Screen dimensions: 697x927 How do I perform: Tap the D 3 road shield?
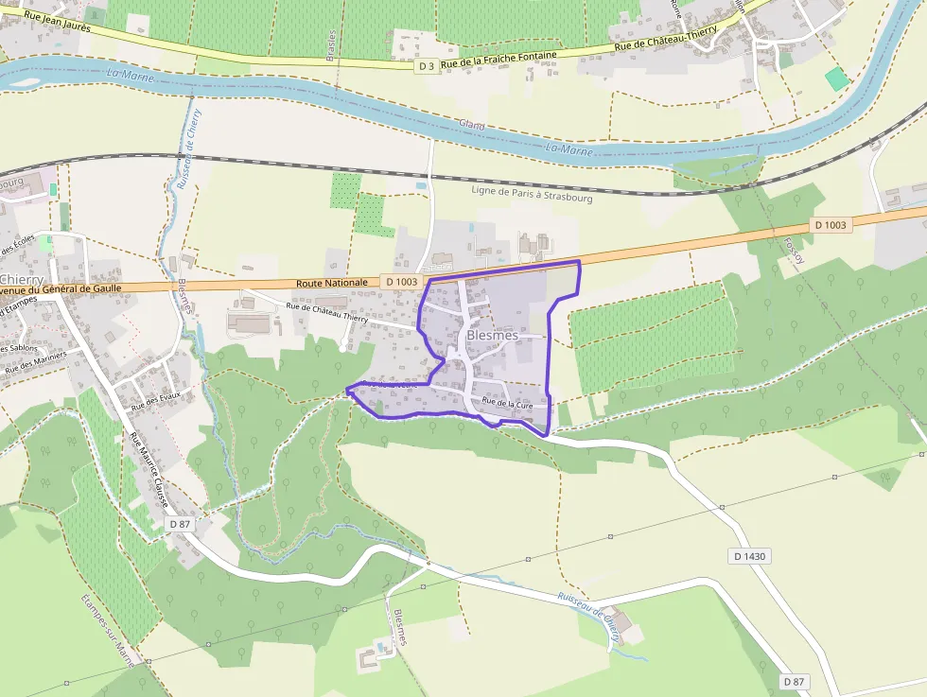pos(428,65)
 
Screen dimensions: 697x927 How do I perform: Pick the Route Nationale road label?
pos(331,283)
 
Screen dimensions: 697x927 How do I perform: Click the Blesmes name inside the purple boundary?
pos(492,337)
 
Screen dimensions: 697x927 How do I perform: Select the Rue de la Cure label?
pos(514,404)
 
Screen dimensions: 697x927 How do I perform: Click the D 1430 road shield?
pos(749,556)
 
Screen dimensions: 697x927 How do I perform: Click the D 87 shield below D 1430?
pos(795,681)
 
